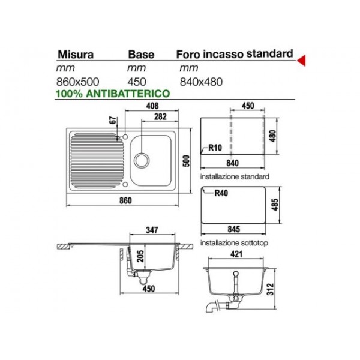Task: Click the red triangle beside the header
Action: pyautogui.click(x=302, y=58)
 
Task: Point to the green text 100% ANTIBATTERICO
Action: pyautogui.click(x=112, y=94)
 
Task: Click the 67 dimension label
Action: pyautogui.click(x=112, y=121)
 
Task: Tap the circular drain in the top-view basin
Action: pyautogui.click(x=141, y=160)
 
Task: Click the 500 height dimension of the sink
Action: pyautogui.click(x=187, y=160)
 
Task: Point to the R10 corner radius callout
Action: pyautogui.click(x=215, y=148)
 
